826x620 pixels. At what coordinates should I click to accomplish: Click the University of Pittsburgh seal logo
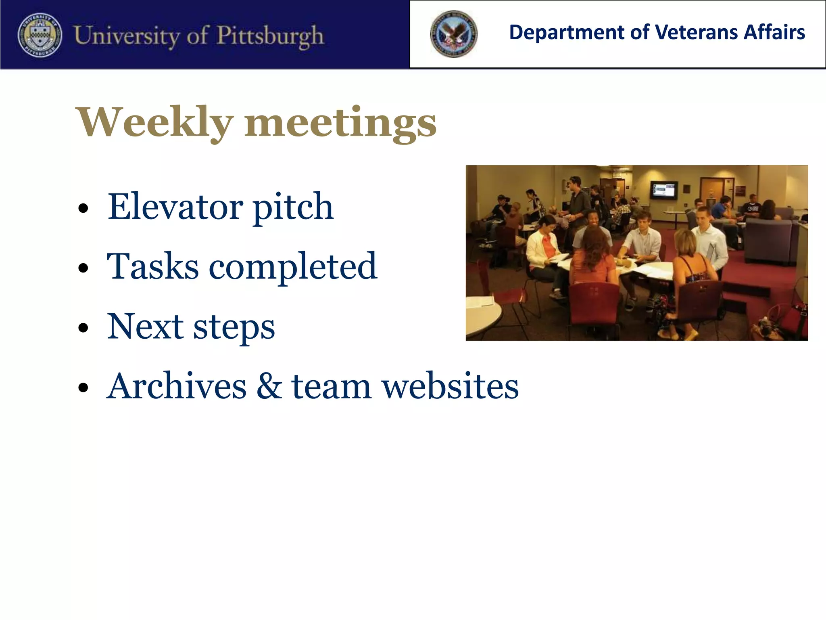40,35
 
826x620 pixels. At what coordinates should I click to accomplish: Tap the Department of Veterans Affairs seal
454,34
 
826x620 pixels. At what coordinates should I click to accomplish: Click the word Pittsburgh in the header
270,36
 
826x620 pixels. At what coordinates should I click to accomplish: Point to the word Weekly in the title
155,122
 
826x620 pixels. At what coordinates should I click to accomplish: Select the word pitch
293,207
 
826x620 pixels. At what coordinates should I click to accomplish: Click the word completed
293,266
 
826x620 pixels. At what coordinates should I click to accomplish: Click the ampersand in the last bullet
269,386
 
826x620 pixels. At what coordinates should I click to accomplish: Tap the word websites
450,386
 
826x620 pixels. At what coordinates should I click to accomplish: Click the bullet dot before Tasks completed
83,268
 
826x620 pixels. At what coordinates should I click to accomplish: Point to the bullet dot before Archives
83,387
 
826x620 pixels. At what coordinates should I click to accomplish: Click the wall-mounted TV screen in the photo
663,190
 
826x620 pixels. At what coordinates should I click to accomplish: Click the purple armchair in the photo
768,242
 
